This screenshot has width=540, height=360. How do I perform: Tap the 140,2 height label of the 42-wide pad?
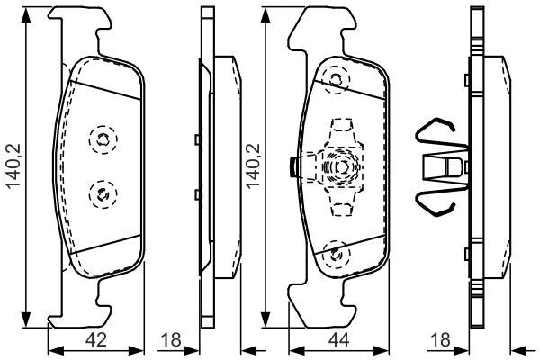(14, 166)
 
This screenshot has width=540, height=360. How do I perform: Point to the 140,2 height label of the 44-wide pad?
(254, 166)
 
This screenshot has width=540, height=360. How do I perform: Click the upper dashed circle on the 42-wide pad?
(103, 139)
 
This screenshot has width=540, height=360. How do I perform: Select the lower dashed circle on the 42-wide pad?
(103, 194)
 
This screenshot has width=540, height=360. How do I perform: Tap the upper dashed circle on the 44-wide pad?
(336, 80)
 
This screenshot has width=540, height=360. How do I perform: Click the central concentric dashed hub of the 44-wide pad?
(342, 167)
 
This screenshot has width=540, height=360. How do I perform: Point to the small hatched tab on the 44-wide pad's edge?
(293, 167)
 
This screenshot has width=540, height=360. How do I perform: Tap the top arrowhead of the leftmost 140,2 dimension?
(26, 15)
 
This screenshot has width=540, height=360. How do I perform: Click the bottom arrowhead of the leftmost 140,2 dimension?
(26, 319)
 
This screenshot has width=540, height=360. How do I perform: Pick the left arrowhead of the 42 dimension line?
(56, 351)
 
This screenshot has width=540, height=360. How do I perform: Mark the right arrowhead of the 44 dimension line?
(382, 351)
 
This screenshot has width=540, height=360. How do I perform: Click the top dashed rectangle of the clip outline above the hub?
(342, 125)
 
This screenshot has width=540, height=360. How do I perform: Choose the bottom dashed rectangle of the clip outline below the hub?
(342, 210)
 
